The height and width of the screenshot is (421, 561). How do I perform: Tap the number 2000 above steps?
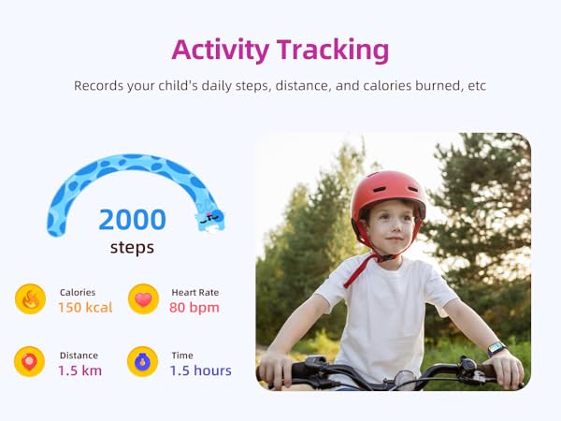click(x=132, y=220)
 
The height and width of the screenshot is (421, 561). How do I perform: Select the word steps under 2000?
click(x=132, y=248)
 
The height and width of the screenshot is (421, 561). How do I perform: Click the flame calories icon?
click(x=30, y=299)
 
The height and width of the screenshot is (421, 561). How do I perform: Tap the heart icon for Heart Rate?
click(x=143, y=299)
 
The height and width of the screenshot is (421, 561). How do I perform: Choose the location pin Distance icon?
click(x=30, y=362)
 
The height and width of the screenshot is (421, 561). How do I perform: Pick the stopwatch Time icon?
click(x=143, y=362)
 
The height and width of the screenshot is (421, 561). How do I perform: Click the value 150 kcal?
click(x=85, y=307)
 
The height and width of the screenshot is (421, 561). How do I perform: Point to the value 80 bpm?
click(x=194, y=307)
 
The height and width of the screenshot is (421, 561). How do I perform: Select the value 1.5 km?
click(x=80, y=370)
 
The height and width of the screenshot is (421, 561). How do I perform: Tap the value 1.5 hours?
click(x=200, y=370)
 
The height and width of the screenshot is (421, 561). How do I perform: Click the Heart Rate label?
click(x=194, y=292)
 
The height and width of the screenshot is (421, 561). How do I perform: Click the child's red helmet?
click(x=388, y=190)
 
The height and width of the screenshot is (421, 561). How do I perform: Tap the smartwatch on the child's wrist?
click(x=495, y=348)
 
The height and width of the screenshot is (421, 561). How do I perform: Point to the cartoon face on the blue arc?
click(x=210, y=219)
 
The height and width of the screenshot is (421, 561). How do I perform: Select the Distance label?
click(x=78, y=355)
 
